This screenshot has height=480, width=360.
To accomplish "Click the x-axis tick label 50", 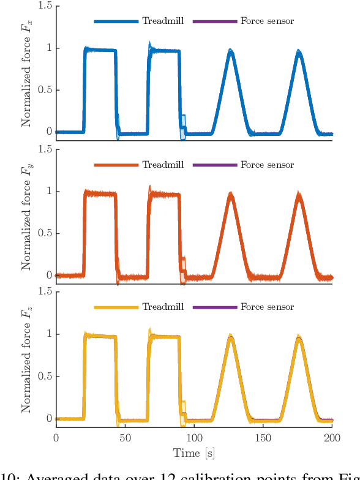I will click(125, 438).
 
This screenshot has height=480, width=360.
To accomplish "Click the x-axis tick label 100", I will click(194, 438).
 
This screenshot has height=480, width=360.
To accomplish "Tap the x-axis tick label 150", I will click(263, 438).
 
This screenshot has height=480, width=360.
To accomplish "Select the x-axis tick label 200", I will click(332, 438).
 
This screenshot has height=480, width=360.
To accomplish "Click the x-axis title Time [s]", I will click(194, 453).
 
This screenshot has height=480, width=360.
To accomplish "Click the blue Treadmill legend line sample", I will click(116, 21).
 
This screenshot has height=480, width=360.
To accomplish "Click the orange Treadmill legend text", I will click(159, 165).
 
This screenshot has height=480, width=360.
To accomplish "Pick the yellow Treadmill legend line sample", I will click(116, 307).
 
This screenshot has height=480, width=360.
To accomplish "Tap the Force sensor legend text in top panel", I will click(267, 21).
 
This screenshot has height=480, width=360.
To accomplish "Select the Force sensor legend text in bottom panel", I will click(267, 307).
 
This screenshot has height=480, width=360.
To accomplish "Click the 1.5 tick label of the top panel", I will click(43, 6).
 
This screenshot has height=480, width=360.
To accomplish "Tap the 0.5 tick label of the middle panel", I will click(43, 233).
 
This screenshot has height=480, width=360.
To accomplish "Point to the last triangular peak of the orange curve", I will click(298, 195).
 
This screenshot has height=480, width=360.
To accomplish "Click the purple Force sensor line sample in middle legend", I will click(214, 165).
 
